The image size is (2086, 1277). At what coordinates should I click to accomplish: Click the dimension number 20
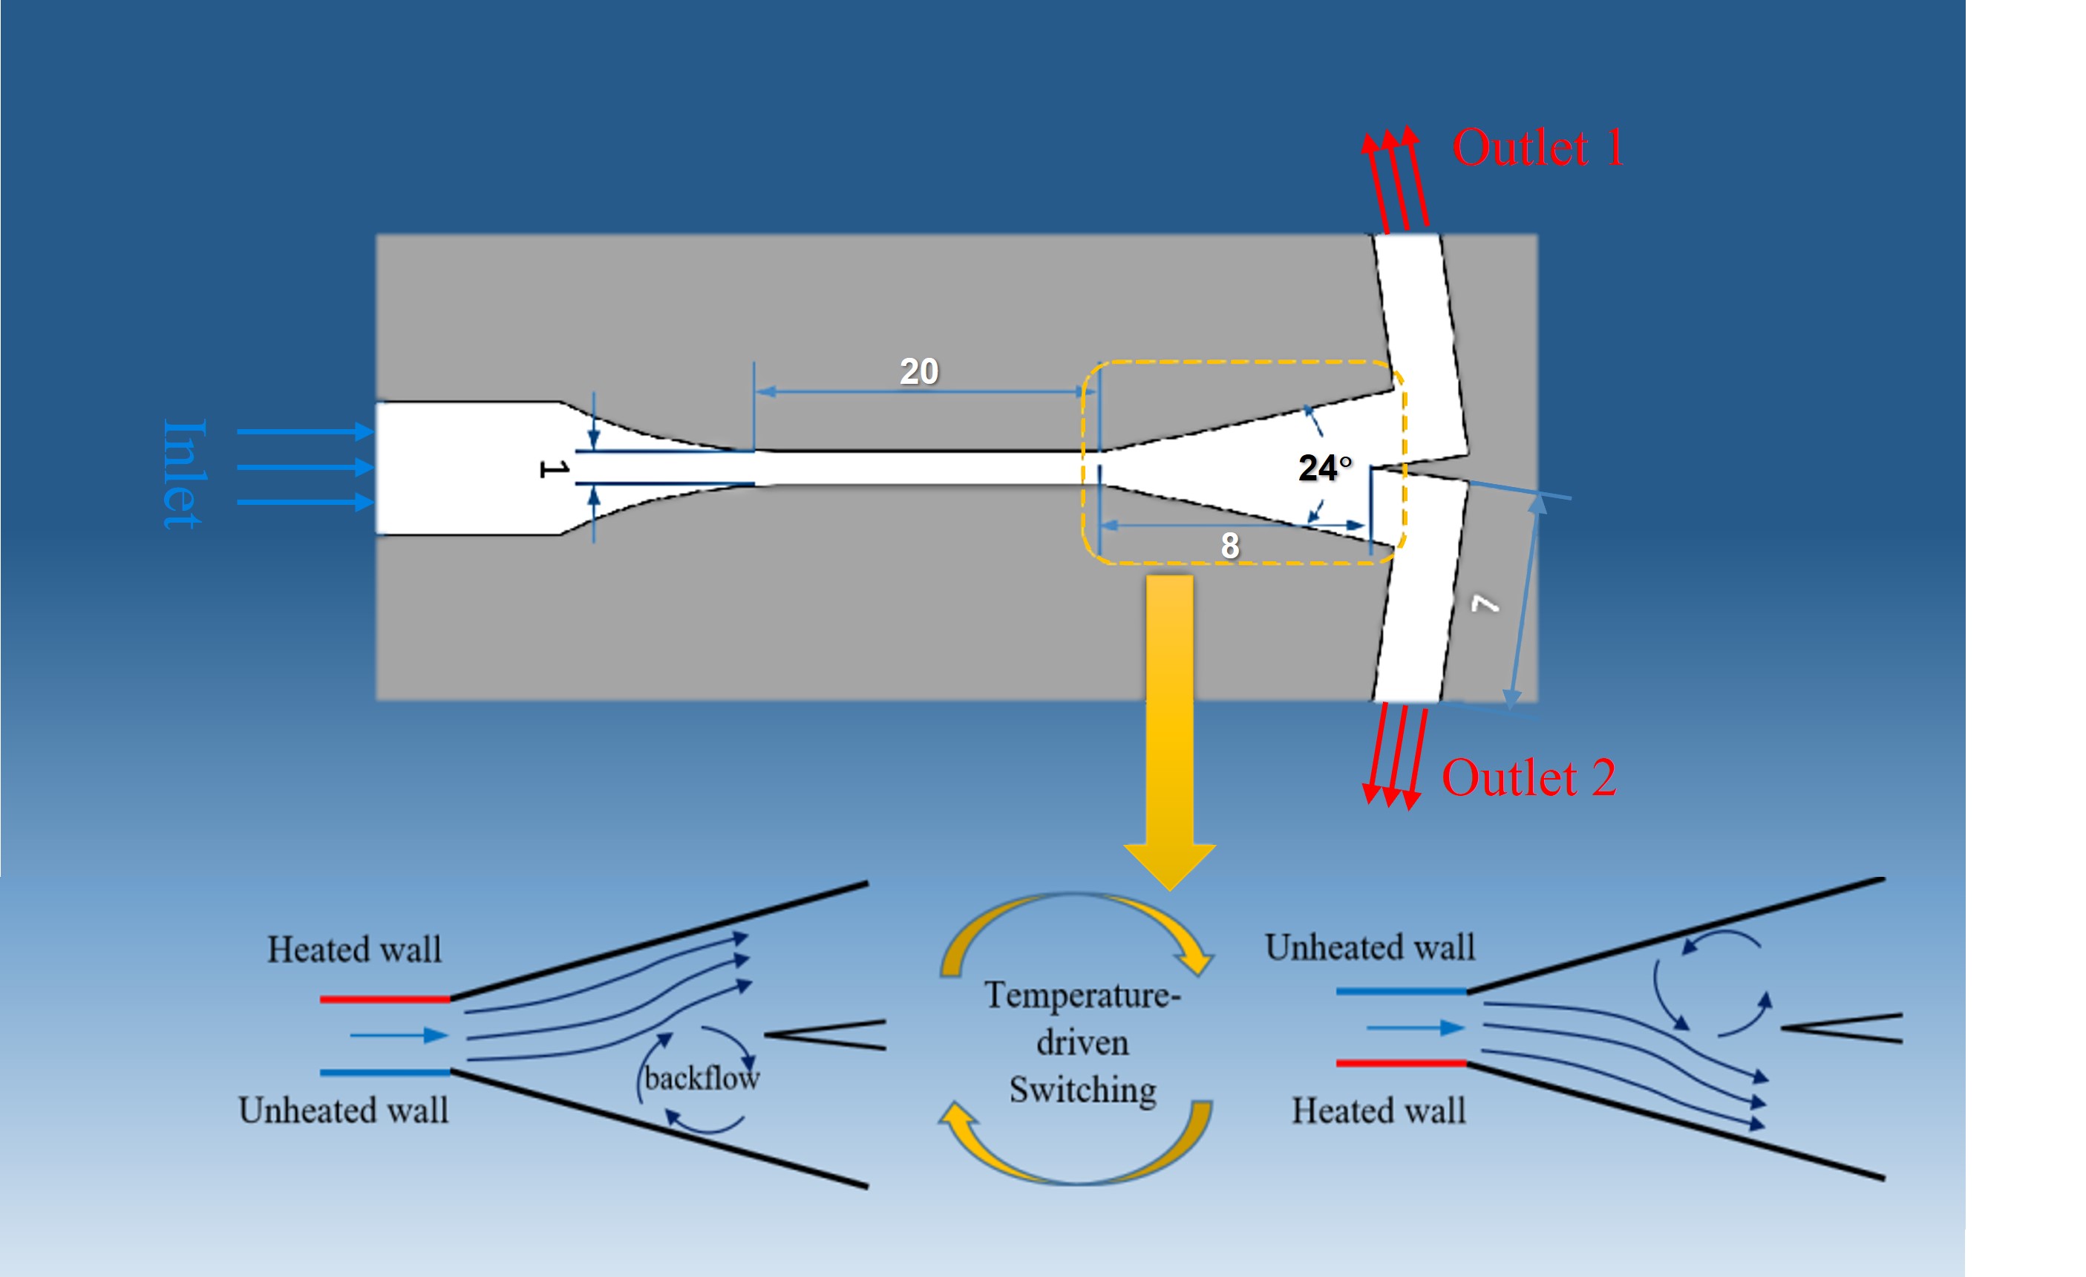tap(918, 371)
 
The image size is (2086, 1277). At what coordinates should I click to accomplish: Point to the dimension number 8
tap(1229, 546)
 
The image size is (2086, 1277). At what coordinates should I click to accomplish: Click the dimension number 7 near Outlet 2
tap(1484, 604)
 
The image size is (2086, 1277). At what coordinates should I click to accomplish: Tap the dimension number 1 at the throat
tap(554, 468)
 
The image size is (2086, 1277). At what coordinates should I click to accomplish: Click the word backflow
tap(702, 1078)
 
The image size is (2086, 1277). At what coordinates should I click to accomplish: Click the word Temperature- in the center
tap(1082, 995)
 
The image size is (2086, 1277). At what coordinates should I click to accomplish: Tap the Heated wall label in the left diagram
tap(355, 950)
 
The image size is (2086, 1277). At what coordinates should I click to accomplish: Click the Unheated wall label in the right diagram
tap(1370, 947)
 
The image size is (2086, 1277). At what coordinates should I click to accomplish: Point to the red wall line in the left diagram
tap(385, 999)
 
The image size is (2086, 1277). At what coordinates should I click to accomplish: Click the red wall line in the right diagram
tap(1401, 1062)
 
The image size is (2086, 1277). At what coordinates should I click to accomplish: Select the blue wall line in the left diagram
tap(385, 1072)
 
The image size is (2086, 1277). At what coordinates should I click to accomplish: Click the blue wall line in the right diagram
tap(1401, 990)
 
